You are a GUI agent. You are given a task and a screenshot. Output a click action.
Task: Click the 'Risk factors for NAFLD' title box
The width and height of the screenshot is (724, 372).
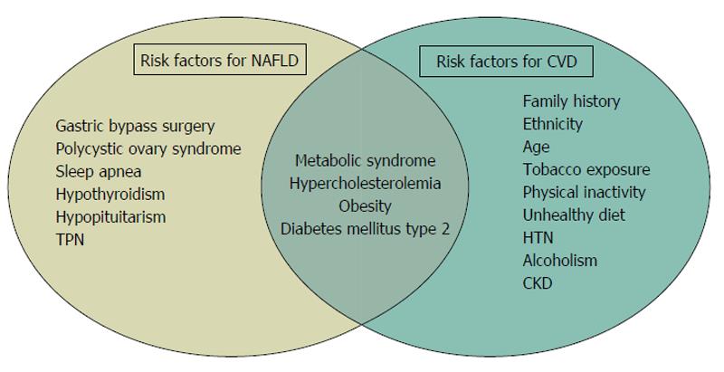click(220, 60)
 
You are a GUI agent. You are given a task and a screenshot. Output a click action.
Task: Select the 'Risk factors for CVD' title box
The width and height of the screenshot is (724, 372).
click(507, 61)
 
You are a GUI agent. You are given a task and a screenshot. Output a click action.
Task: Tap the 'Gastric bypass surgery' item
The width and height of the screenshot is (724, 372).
click(135, 127)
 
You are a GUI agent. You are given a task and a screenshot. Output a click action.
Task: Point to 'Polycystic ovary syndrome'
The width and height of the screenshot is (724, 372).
click(148, 149)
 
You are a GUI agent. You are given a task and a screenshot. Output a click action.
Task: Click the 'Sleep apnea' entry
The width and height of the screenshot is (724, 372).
click(99, 172)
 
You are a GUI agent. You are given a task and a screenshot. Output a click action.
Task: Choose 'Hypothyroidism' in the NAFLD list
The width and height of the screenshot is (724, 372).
click(110, 195)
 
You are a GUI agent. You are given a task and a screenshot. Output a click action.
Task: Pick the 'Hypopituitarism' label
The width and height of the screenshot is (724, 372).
click(110, 217)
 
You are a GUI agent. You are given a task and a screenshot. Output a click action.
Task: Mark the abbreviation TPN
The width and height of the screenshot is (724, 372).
click(70, 240)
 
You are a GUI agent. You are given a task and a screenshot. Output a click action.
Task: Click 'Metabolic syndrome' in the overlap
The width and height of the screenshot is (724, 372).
click(366, 160)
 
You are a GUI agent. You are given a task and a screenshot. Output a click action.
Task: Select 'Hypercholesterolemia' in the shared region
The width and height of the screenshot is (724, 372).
click(366, 183)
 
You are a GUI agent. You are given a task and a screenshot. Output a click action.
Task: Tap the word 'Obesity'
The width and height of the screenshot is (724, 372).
click(366, 205)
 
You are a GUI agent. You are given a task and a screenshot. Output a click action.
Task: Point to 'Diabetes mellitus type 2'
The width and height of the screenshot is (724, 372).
click(366, 229)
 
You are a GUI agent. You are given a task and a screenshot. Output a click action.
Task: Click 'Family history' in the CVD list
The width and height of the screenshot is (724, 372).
click(571, 101)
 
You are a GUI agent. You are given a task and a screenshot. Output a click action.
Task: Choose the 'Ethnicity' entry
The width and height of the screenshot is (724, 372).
click(552, 124)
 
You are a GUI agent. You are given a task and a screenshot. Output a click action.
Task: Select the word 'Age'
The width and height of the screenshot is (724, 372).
click(536, 148)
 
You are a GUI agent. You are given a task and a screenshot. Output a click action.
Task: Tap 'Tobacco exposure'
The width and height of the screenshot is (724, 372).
click(586, 169)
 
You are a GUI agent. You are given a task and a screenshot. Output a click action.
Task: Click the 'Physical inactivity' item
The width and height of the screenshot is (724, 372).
click(584, 193)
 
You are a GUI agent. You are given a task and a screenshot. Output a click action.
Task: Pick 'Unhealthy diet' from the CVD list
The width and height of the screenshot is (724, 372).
click(574, 215)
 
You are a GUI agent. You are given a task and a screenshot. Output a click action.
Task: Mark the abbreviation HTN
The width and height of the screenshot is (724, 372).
click(538, 238)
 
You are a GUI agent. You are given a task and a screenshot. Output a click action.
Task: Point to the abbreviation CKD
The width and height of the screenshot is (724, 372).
click(538, 283)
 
